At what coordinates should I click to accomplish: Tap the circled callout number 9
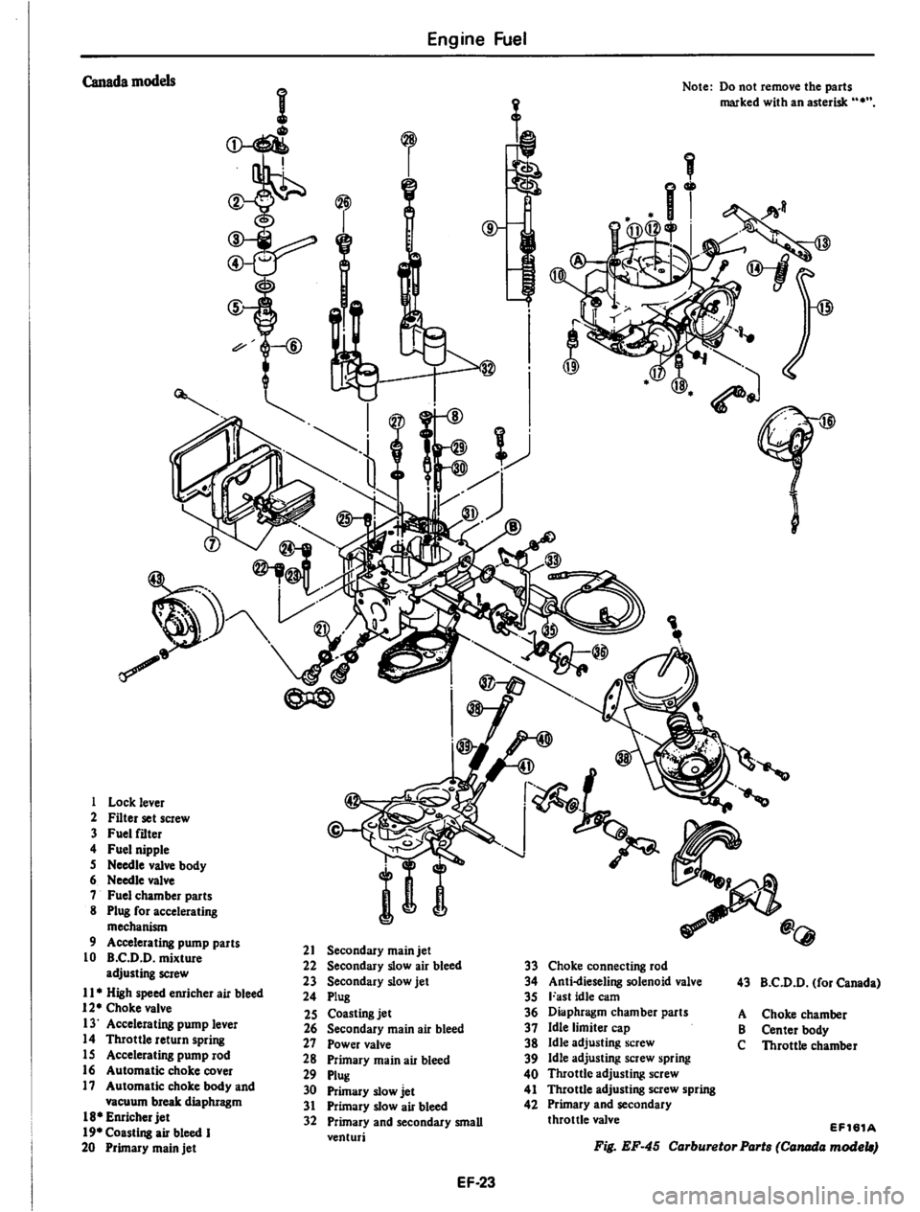[x=491, y=228]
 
